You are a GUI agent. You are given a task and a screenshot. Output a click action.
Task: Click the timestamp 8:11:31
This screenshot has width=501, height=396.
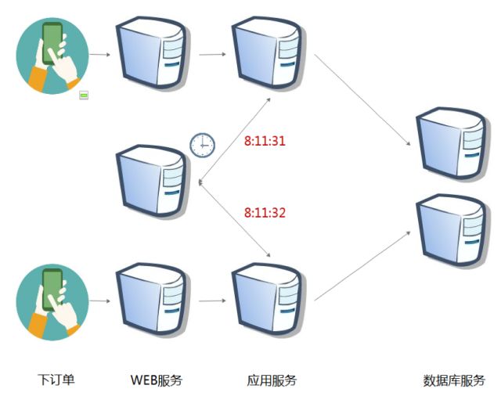tap(264, 142)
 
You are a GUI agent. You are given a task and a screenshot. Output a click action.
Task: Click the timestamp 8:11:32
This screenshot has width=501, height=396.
tap(264, 211)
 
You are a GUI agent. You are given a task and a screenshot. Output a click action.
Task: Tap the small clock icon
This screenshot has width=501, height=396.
tap(202, 144)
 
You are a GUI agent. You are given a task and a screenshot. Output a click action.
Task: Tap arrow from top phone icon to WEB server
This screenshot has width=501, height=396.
tap(99, 55)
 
